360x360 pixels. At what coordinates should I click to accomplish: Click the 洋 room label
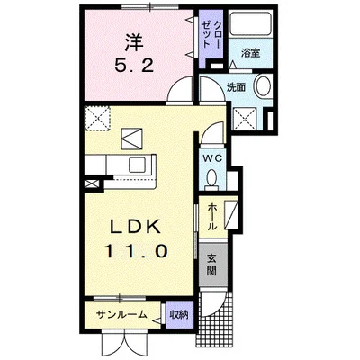133,40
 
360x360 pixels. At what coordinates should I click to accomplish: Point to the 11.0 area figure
133,252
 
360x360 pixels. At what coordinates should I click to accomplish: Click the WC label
213,158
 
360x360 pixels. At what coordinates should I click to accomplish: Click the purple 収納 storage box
178,314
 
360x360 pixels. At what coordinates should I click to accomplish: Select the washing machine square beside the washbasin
246,117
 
